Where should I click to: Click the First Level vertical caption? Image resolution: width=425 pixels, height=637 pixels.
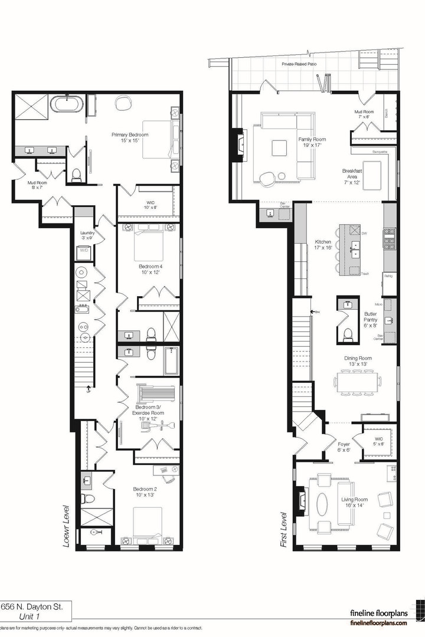[x=285, y=531]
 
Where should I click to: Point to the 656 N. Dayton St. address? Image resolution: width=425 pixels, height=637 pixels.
[x=35, y=606]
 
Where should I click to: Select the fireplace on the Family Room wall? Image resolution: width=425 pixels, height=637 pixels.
[x=240, y=143]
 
